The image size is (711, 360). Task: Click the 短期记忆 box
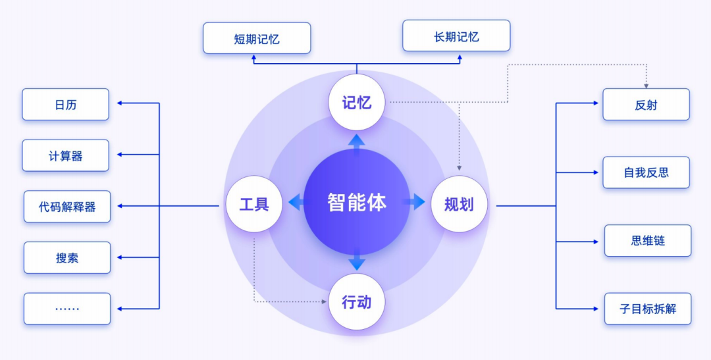pyautogui.click(x=257, y=38)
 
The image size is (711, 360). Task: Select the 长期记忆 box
pyautogui.click(x=456, y=36)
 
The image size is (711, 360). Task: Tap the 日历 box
pyautogui.click(x=65, y=105)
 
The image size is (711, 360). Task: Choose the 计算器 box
pyautogui.click(x=65, y=156)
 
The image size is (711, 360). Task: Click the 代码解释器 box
pyautogui.click(x=67, y=207)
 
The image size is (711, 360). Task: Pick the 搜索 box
pyautogui.click(x=67, y=258)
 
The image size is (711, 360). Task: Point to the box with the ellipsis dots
pyautogui.click(x=67, y=309)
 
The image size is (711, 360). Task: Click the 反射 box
pyautogui.click(x=646, y=105)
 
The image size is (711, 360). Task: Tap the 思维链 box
pyautogui.click(x=648, y=241)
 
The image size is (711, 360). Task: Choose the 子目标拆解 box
pyautogui.click(x=648, y=309)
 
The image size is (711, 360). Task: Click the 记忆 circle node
pyautogui.click(x=356, y=102)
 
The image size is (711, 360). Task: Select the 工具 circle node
pyautogui.click(x=254, y=204)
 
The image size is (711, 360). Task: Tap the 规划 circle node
pyautogui.click(x=459, y=204)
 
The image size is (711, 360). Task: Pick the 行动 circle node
pyautogui.click(x=356, y=302)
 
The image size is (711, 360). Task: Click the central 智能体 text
pyautogui.click(x=356, y=202)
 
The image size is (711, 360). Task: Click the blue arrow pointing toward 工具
pyautogui.click(x=296, y=203)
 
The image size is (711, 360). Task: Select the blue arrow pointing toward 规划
pyautogui.click(x=416, y=202)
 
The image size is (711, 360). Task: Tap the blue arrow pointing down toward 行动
pyautogui.click(x=356, y=261)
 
